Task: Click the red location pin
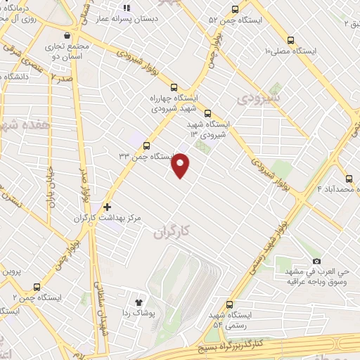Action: point(181,165)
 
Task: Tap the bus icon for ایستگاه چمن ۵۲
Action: point(234,10)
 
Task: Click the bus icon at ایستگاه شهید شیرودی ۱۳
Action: point(207,112)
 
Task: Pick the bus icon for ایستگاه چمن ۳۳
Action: point(146,146)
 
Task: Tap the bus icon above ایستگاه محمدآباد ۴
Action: point(349,178)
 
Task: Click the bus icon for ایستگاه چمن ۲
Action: point(37,287)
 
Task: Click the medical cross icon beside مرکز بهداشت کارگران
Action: point(107,207)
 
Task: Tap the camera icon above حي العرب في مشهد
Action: point(316,261)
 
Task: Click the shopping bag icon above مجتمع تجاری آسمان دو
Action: point(66,35)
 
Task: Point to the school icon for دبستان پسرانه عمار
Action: point(127,8)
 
